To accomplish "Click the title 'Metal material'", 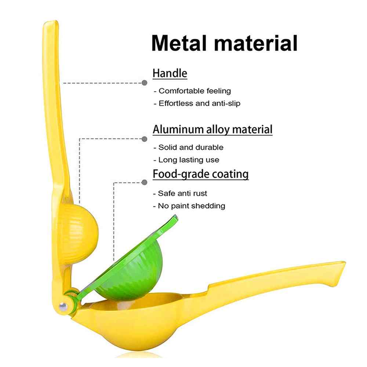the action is point(225,43).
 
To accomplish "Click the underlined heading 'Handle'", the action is point(170,73).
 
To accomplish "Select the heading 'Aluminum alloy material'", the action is point(212,130).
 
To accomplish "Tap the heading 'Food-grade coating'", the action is point(201,174).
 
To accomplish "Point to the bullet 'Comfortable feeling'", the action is point(192,91).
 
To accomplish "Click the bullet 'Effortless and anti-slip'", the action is point(197,103).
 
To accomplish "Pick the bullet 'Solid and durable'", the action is point(188,148).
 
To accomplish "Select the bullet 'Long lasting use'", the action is point(186,160).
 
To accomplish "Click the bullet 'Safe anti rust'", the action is point(180,193).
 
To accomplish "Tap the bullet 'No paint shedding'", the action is point(189,206).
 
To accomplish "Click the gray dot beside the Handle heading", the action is point(145,83).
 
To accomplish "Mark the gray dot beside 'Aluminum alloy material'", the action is point(145,139).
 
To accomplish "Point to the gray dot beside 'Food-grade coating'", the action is point(145,182).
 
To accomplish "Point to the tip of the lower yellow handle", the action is point(344,263).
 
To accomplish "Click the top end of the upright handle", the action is point(51,22).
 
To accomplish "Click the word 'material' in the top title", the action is point(256,43).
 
